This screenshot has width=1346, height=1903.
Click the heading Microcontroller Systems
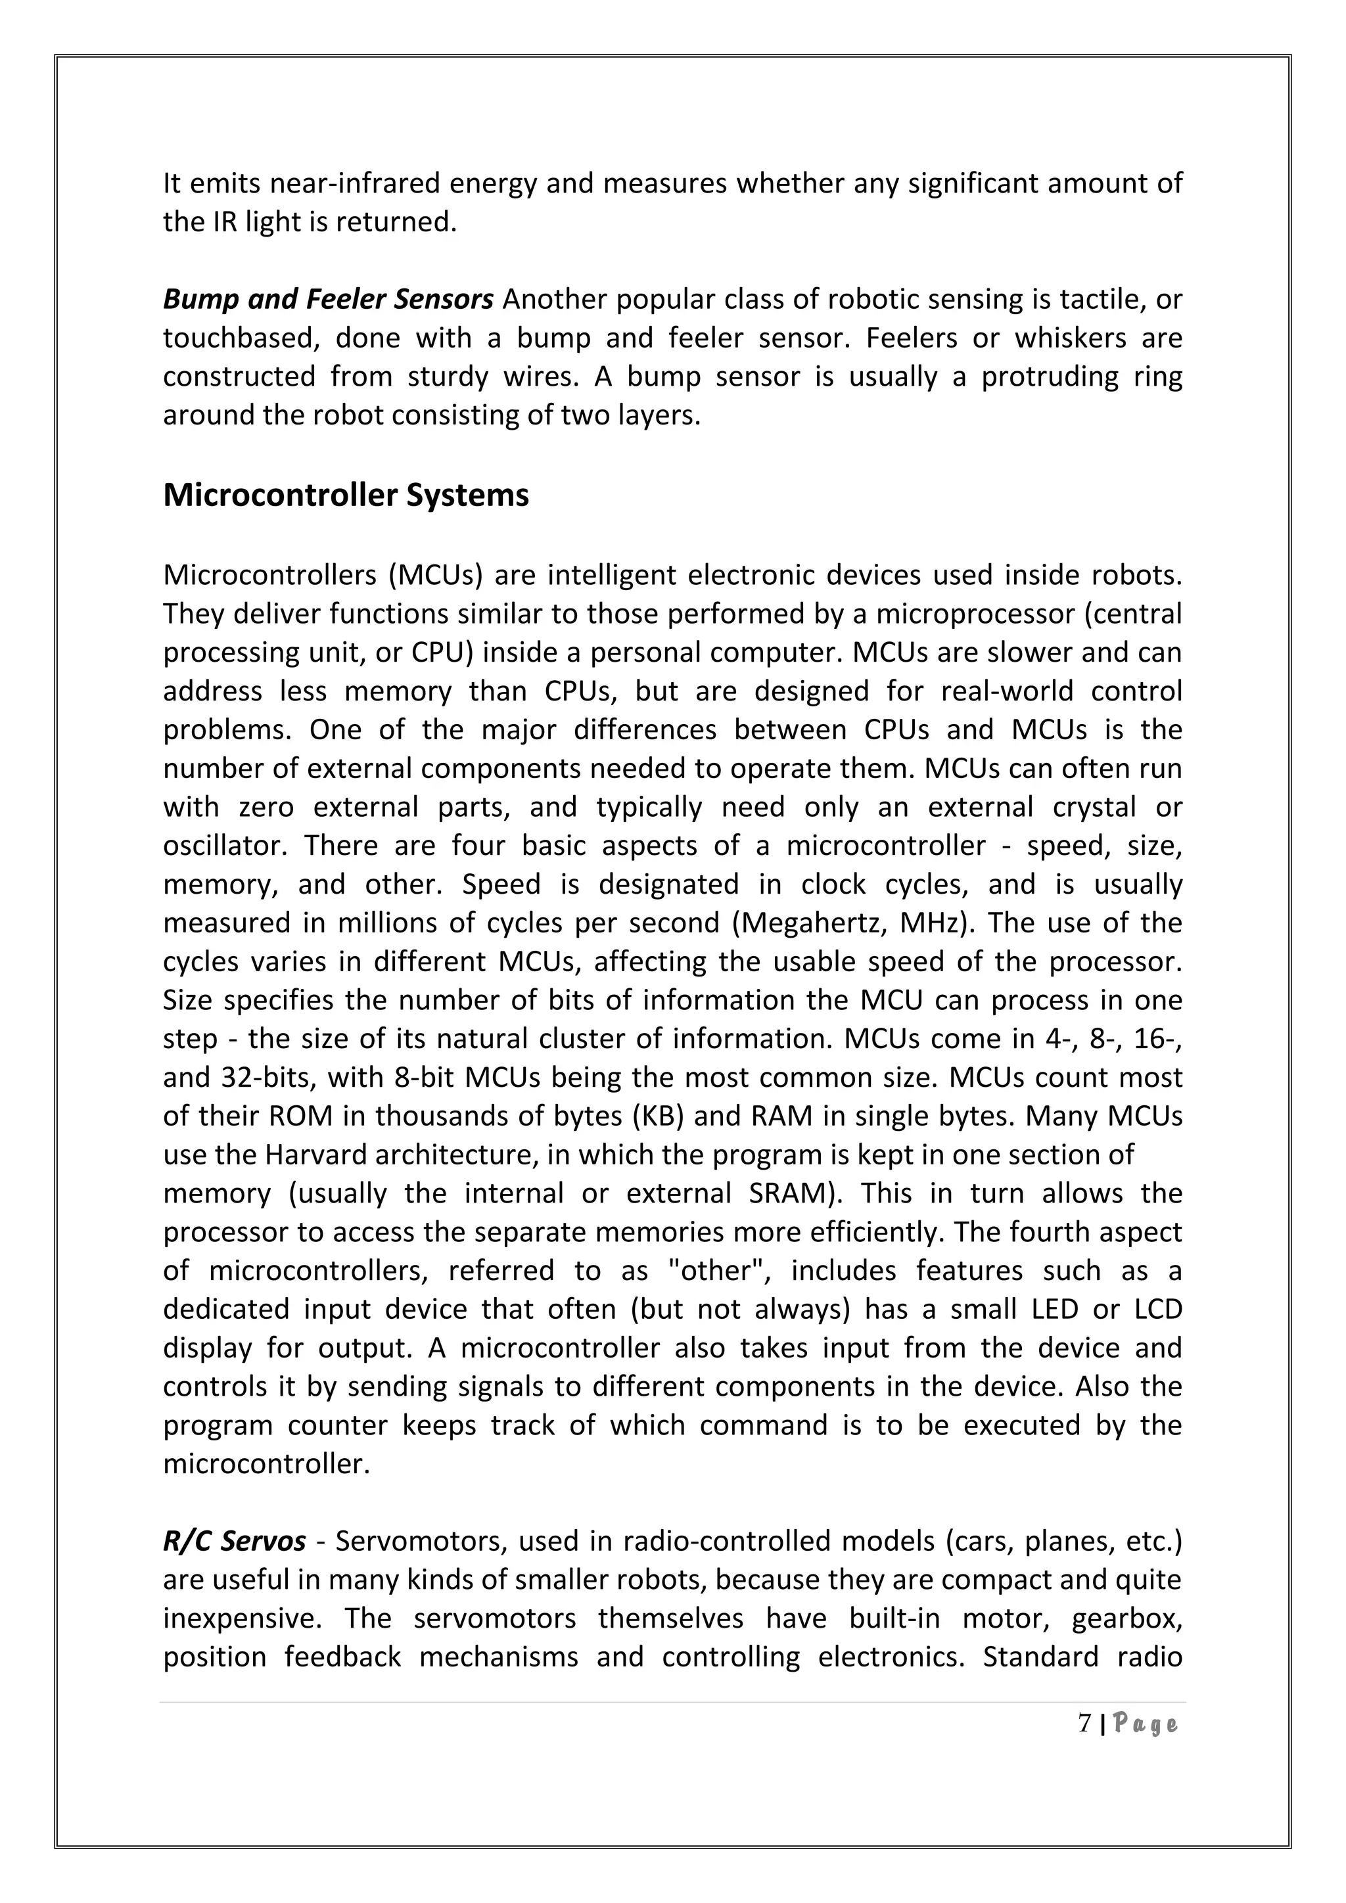coord(346,495)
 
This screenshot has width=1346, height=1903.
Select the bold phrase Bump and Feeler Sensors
coord(328,299)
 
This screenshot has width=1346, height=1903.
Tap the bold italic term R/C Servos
coord(234,1541)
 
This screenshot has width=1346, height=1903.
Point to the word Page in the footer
coord(1145,1725)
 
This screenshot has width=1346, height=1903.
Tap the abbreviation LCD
coord(1153,1309)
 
